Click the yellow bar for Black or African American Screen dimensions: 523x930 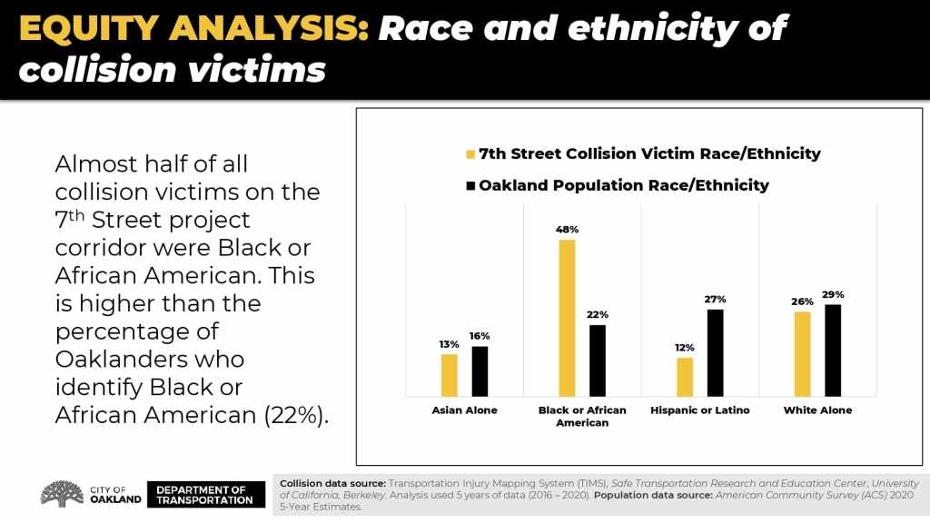pos(567,318)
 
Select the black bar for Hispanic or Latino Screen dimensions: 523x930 pos(716,352)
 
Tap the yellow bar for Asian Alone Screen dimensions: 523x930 pos(449,375)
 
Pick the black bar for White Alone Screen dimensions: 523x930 pos(833,350)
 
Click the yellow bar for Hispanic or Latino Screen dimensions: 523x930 pos(685,377)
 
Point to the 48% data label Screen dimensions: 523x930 pos(567,230)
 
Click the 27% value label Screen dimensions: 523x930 pos(715,299)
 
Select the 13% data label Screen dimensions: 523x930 pos(449,344)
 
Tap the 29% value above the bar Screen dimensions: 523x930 pos(833,294)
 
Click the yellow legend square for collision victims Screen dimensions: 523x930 pos(470,153)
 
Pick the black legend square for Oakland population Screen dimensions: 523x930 pos(470,185)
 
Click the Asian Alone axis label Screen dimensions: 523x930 pos(464,410)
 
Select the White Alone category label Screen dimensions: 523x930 pos(817,410)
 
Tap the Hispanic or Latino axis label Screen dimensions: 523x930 pos(700,410)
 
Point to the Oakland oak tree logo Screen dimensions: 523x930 pos(63,494)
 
